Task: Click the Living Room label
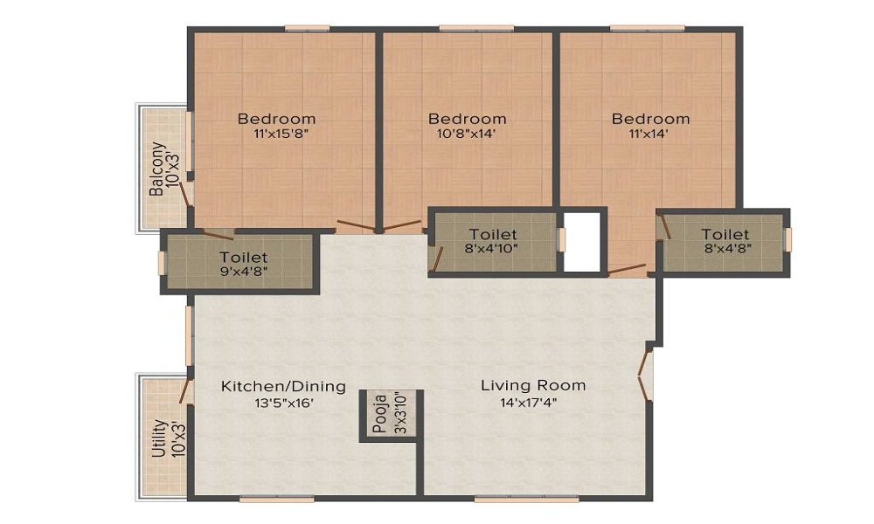[x=533, y=385]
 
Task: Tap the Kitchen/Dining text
[x=283, y=386]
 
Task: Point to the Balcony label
[x=156, y=169]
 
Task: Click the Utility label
[x=158, y=438]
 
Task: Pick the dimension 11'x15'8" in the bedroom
[x=277, y=134]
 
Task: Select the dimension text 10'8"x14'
[x=467, y=134]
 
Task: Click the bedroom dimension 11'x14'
[x=650, y=134]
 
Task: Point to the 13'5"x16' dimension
[x=283, y=403]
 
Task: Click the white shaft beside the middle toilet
[x=583, y=241]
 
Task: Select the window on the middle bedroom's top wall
[x=463, y=28]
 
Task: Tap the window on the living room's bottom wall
[x=526, y=500]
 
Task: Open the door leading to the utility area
[x=185, y=390]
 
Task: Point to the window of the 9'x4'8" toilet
[x=162, y=263]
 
